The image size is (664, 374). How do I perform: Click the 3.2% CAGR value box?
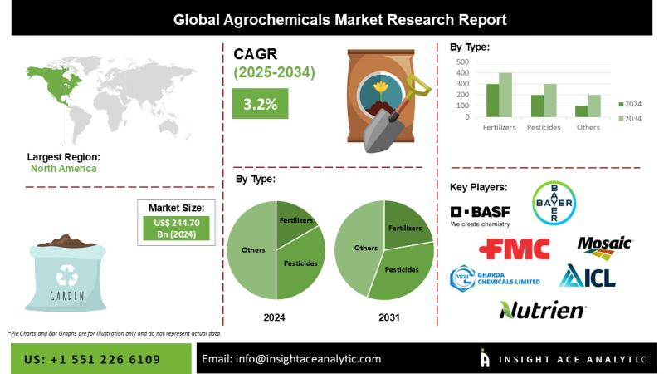point(260,104)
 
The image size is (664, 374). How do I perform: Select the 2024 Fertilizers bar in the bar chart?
point(493,101)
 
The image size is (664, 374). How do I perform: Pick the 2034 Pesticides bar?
point(550,101)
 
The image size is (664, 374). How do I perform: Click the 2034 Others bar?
point(595,106)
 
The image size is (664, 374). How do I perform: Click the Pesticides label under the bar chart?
point(544,127)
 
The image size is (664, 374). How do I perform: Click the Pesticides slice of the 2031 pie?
point(400,275)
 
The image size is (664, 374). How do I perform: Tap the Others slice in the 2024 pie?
point(252,249)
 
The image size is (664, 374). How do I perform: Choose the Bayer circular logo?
point(554,203)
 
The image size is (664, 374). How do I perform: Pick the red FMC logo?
point(515,249)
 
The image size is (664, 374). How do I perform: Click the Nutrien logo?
point(542,310)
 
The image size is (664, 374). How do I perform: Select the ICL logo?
point(587,277)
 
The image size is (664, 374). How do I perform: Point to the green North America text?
point(63,168)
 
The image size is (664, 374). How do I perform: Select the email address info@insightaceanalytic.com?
point(292,358)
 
